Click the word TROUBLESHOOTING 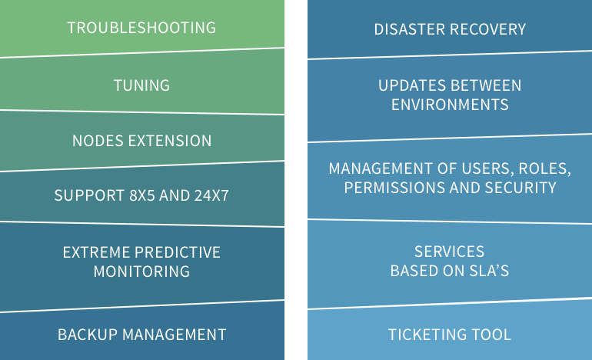click(141, 28)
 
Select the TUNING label click(142, 85)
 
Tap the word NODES click(98, 141)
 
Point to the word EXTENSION click(170, 141)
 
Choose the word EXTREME click(96, 252)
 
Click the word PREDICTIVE click(178, 252)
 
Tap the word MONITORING click(141, 272)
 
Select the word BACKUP click(87, 335)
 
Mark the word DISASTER click(409, 29)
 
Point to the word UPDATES click(412, 85)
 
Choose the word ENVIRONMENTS click(450, 105)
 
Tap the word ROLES click(545, 169)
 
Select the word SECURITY click(520, 188)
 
